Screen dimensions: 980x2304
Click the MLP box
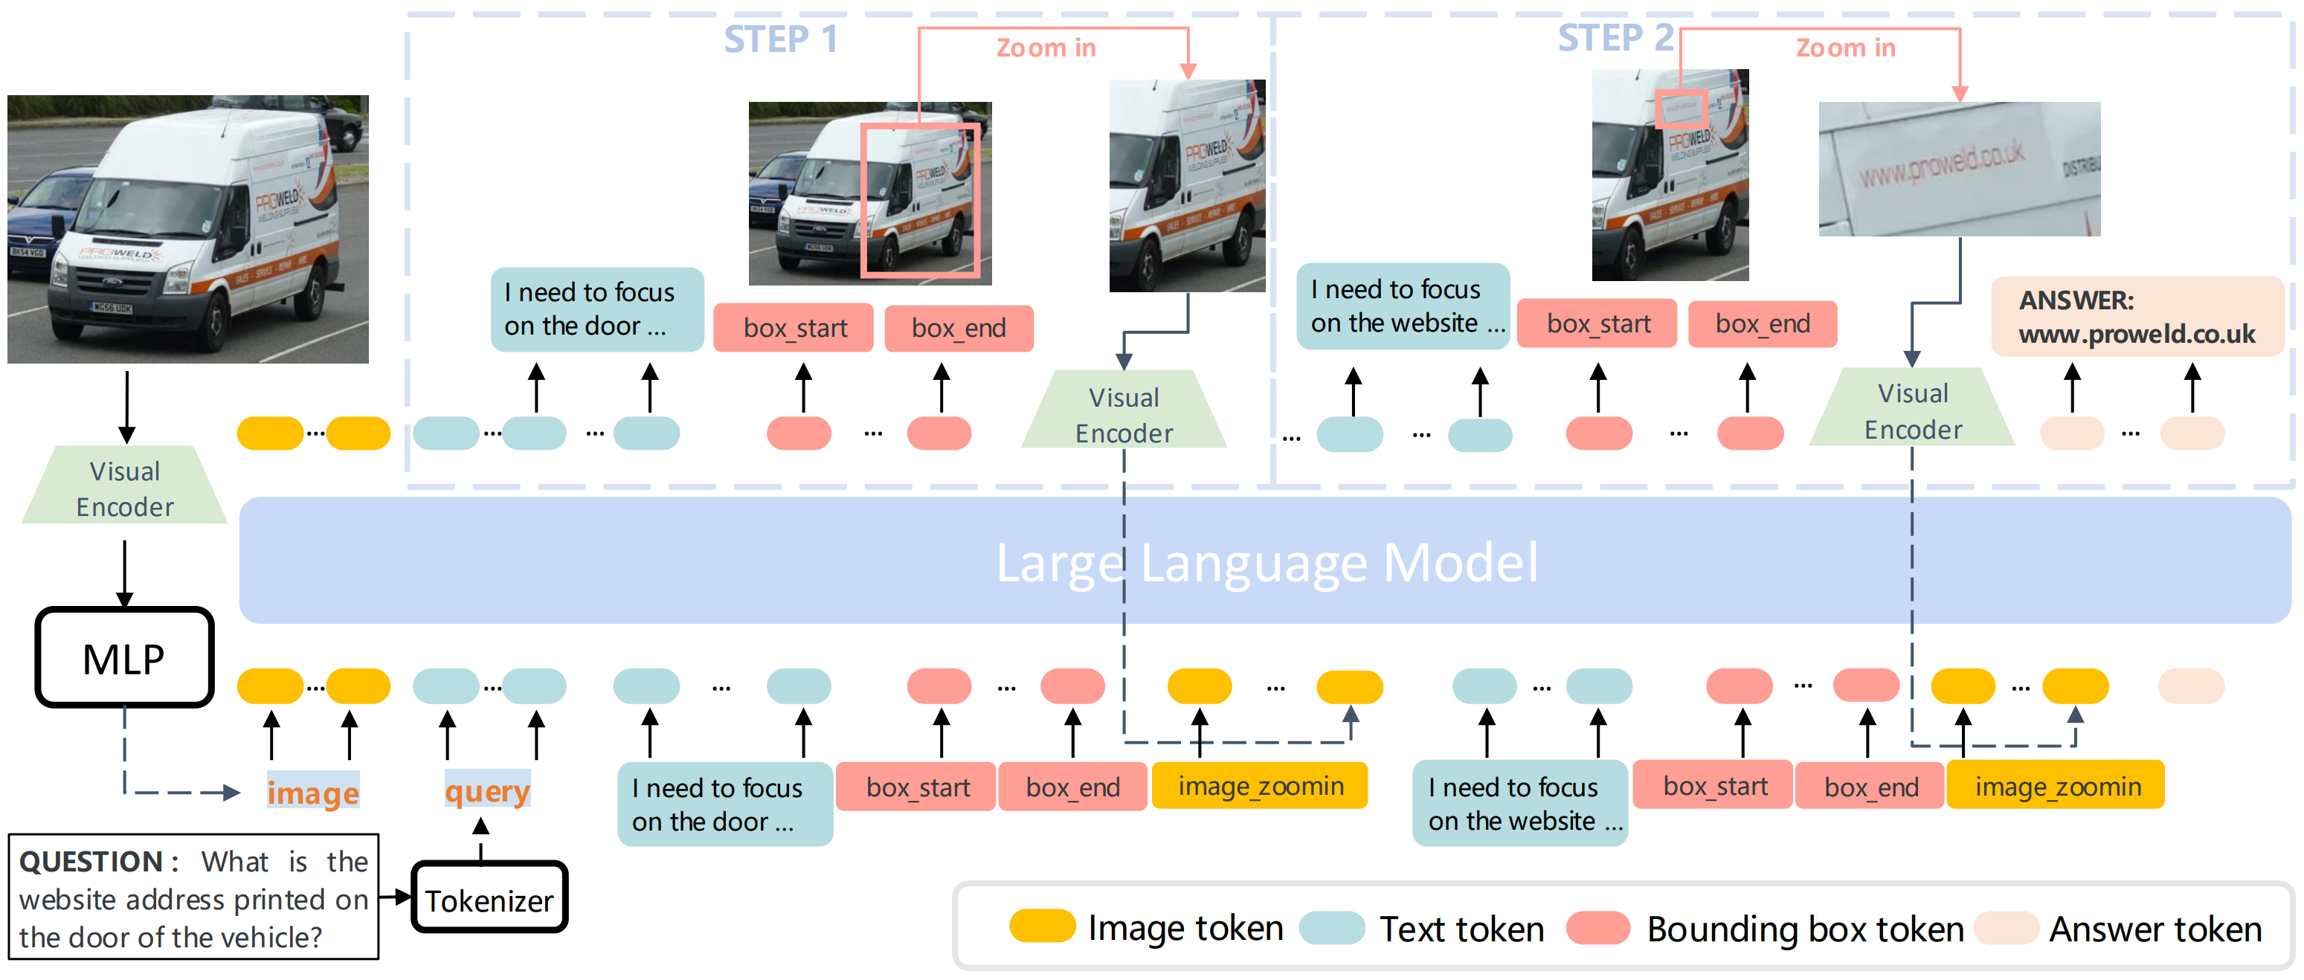click(124, 658)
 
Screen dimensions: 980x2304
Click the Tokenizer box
click(489, 897)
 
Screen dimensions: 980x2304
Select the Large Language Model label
click(1267, 562)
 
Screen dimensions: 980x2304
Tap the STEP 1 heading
click(781, 39)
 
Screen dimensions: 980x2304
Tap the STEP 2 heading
click(1615, 39)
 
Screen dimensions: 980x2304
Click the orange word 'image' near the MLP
click(313, 791)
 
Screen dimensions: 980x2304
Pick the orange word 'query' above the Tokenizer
click(487, 790)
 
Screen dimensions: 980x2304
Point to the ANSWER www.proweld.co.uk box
click(2136, 317)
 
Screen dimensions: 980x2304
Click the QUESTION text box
click(193, 897)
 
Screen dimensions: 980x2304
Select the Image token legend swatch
click(1042, 927)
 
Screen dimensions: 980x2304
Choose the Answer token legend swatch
click(2007, 928)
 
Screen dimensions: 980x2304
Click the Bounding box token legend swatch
click(1598, 928)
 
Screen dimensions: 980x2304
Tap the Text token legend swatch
click(1332, 928)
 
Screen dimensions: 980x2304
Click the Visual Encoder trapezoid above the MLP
click(125, 487)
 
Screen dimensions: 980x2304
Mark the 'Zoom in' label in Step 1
click(1046, 48)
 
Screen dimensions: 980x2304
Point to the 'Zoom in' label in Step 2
click(1845, 48)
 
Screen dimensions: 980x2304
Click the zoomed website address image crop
click(1959, 169)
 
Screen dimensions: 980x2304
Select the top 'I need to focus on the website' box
click(1403, 306)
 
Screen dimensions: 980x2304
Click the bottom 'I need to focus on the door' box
click(724, 804)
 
